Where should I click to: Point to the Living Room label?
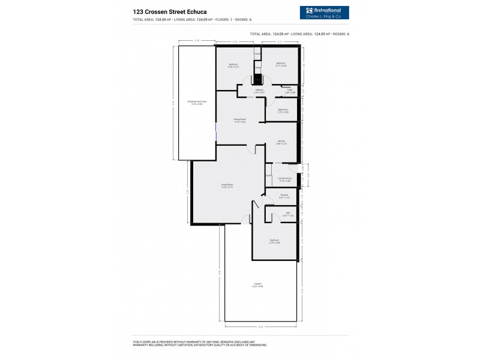pos(227,186)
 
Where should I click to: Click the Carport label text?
pos(257,285)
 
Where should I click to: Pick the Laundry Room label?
pos(284,179)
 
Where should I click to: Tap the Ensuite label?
pos(285,196)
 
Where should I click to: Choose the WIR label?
pos(288,214)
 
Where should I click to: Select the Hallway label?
pos(259,91)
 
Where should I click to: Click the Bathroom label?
pos(283,110)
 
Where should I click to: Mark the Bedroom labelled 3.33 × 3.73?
pos(233,65)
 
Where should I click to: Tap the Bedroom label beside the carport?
pos(275,241)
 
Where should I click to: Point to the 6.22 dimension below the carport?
pos(260,326)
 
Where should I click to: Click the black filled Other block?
pos(258,79)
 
